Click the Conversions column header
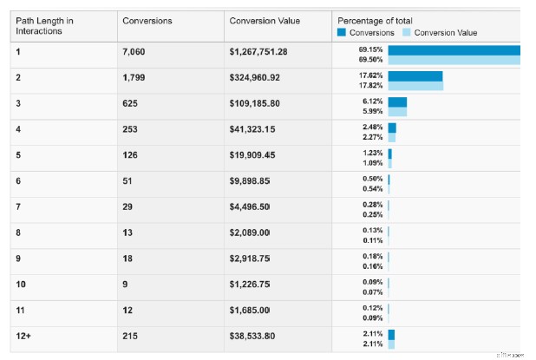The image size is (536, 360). tap(147, 20)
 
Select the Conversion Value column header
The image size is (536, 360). tap(264, 20)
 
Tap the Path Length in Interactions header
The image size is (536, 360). tap(45, 26)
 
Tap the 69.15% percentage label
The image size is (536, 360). tap(371, 49)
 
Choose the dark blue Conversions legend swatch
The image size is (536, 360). tap(341, 33)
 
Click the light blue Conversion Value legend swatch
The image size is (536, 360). tap(406, 33)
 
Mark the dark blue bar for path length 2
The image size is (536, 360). tap(415, 75)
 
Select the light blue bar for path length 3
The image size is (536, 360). tap(397, 112)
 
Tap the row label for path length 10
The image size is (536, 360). tap(22, 283)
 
